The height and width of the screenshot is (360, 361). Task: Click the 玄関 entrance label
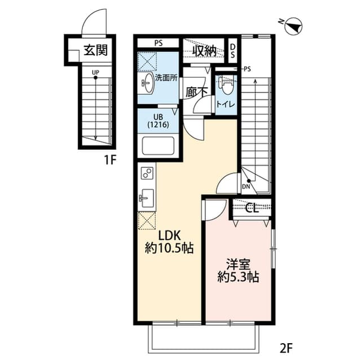(x=95, y=51)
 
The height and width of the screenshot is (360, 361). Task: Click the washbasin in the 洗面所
(x=147, y=85)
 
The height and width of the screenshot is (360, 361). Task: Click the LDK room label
(x=168, y=234)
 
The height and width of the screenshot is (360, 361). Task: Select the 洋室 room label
(x=237, y=263)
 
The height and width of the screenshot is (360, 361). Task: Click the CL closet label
(x=252, y=208)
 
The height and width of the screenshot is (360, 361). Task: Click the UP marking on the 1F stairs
(x=95, y=72)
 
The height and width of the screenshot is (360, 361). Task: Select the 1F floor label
(x=109, y=159)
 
